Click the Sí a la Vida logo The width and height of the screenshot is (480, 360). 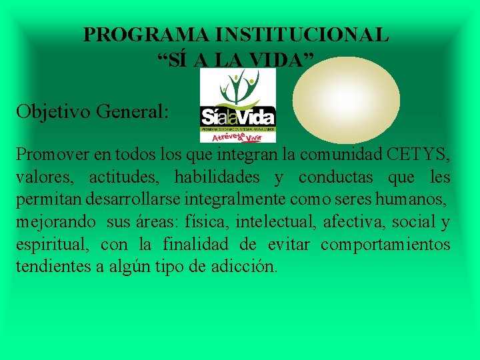point(237,105)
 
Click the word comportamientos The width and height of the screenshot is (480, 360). point(385,245)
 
